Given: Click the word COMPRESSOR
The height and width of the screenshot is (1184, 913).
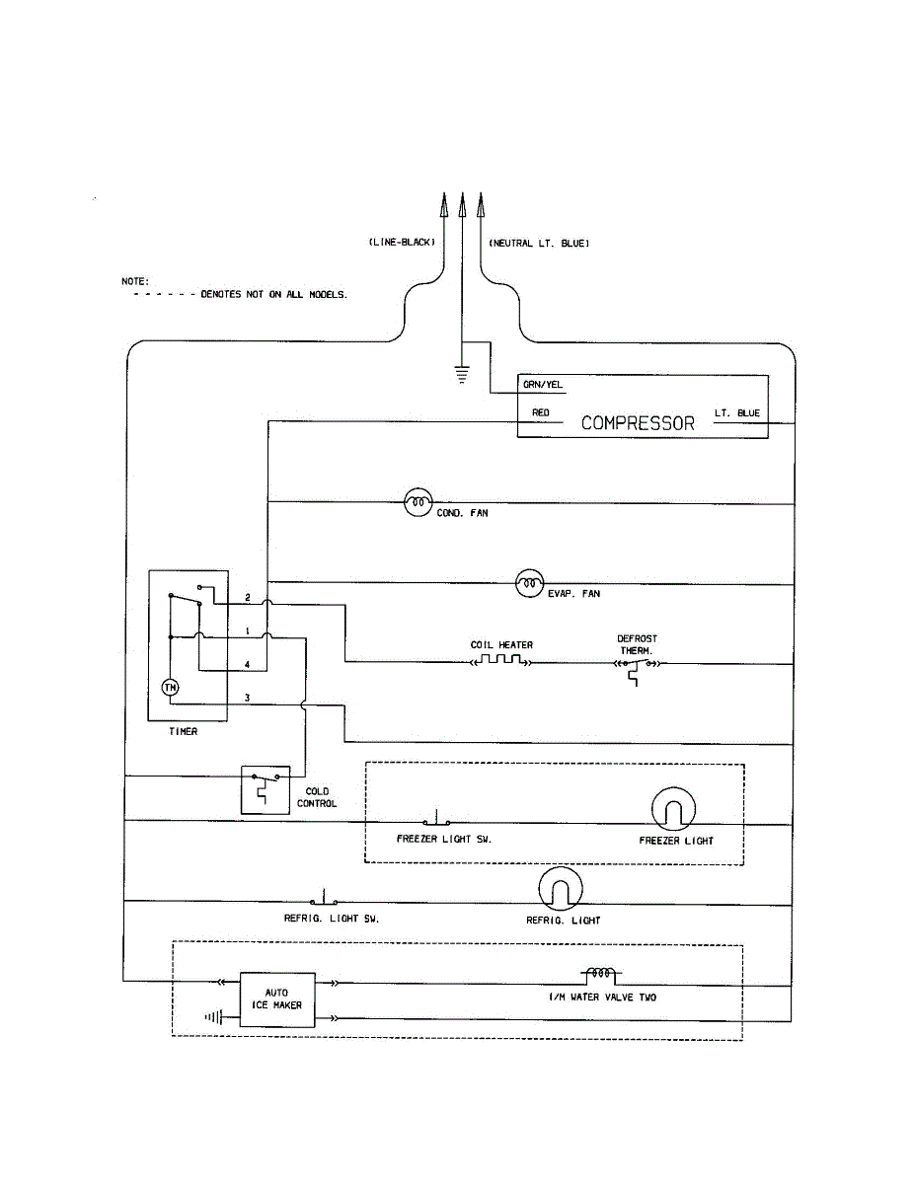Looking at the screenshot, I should click(638, 423).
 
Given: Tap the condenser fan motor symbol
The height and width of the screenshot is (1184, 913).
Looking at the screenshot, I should click(418, 502).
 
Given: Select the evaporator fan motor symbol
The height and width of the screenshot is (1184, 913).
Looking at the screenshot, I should click(530, 584).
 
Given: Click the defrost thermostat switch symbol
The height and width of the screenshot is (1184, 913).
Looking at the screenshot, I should click(637, 667).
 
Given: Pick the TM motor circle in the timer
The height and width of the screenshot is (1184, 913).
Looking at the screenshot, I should click(170, 688).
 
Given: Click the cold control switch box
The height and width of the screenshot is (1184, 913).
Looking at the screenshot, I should click(266, 789).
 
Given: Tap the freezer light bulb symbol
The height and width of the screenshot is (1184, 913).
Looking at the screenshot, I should click(675, 811).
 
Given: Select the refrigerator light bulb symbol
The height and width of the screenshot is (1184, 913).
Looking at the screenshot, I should click(561, 891).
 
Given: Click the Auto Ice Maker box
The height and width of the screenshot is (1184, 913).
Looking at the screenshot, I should click(277, 999).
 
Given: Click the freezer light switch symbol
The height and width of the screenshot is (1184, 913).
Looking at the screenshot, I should click(436, 820).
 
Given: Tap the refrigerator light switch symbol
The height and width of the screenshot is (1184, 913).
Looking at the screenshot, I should click(324, 899).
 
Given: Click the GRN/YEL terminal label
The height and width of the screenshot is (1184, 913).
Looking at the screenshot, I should click(544, 386).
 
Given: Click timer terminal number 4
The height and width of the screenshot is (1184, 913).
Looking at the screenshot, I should click(247, 664).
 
